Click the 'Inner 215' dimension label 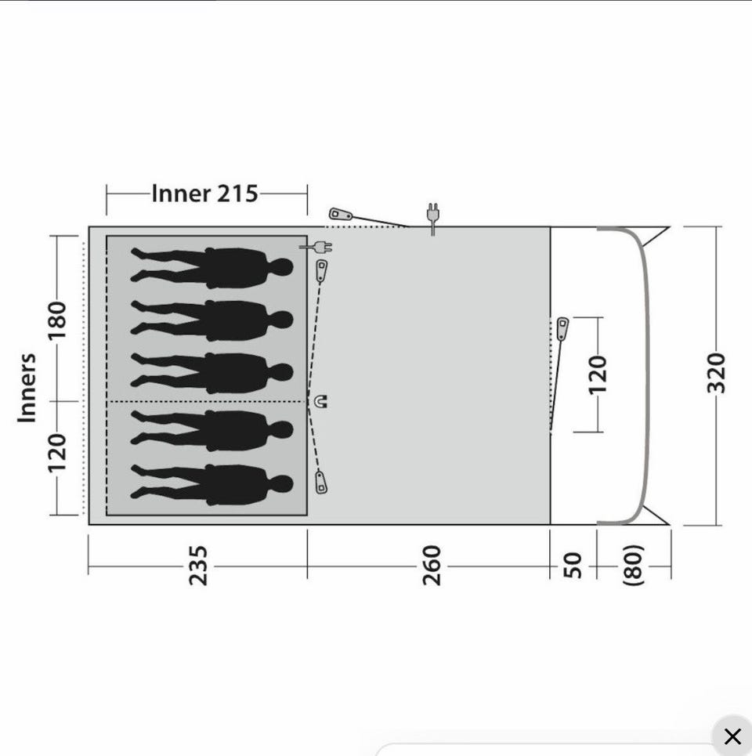click(x=205, y=194)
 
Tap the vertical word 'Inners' click(x=27, y=388)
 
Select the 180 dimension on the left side click(x=57, y=320)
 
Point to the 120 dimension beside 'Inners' click(x=57, y=453)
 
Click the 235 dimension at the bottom click(x=197, y=566)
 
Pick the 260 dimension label click(x=432, y=566)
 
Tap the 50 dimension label click(x=572, y=566)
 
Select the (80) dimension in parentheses click(x=634, y=566)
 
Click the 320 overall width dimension click(x=716, y=373)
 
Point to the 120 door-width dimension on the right click(x=598, y=374)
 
